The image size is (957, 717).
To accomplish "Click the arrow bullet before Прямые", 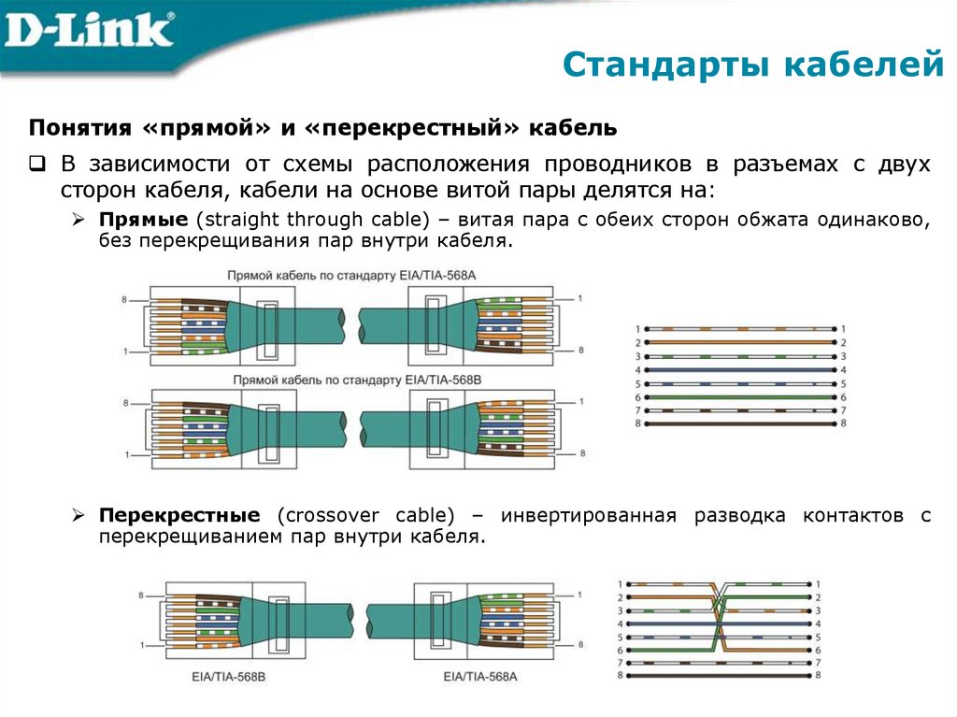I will (79, 220).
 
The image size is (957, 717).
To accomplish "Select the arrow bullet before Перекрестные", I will (79, 516).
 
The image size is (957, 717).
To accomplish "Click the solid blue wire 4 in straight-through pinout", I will (739, 370).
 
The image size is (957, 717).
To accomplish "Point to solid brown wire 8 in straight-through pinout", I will (739, 423).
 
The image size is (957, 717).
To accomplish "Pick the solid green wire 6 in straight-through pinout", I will (739, 397).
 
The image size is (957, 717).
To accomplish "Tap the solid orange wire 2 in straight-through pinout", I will (739, 343).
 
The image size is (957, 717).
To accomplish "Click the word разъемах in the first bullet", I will (787, 165).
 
